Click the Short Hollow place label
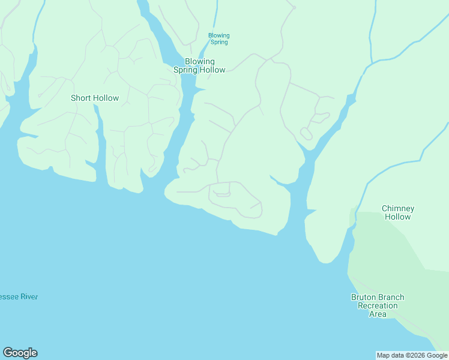point(95,98)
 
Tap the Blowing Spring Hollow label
point(199,65)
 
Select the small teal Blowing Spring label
point(219,38)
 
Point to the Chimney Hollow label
point(398,212)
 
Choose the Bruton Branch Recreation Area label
point(378,305)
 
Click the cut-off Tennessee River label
point(19,296)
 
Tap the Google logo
point(20,353)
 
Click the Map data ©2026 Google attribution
point(412,355)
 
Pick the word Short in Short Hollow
point(81,98)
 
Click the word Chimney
point(398,208)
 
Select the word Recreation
point(378,305)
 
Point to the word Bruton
point(364,297)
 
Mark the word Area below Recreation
point(378,314)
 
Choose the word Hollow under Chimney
point(398,217)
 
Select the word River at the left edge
point(29,296)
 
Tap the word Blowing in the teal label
point(219,35)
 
